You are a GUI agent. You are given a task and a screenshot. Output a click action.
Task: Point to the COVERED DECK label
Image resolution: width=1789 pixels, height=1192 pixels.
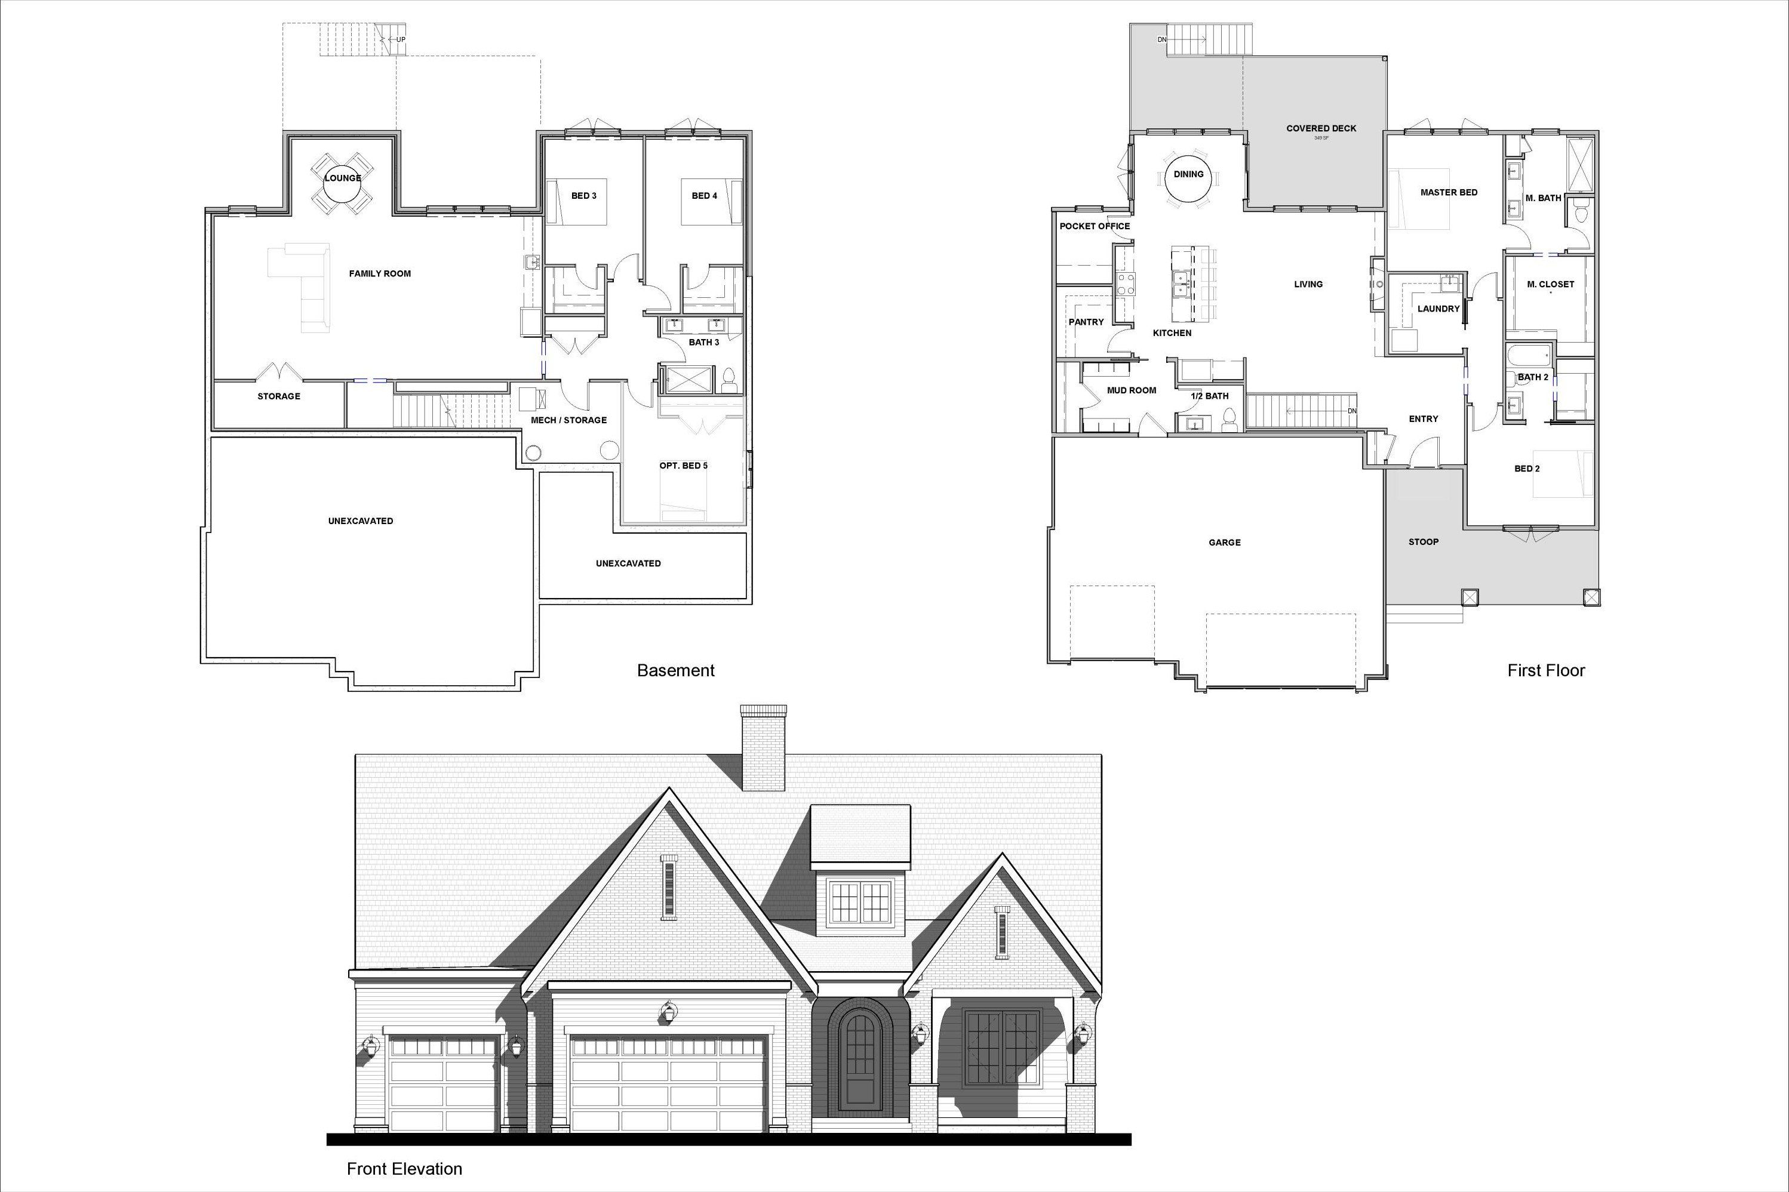(x=1321, y=128)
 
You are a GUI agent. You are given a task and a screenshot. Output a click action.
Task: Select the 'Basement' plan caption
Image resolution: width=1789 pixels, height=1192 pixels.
(x=675, y=670)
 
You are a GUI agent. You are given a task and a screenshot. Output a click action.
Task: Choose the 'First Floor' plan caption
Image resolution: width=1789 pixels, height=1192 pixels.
(x=1546, y=670)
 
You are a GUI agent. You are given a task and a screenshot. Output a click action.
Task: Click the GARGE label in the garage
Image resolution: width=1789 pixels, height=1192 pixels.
(x=1224, y=543)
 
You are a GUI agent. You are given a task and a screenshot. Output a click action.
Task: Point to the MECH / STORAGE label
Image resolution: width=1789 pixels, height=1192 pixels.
(x=568, y=420)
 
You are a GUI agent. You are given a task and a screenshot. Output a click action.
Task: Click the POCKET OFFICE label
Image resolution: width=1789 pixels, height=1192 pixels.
(x=1094, y=227)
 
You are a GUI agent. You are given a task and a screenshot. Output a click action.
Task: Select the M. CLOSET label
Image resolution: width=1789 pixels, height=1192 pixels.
(x=1550, y=284)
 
